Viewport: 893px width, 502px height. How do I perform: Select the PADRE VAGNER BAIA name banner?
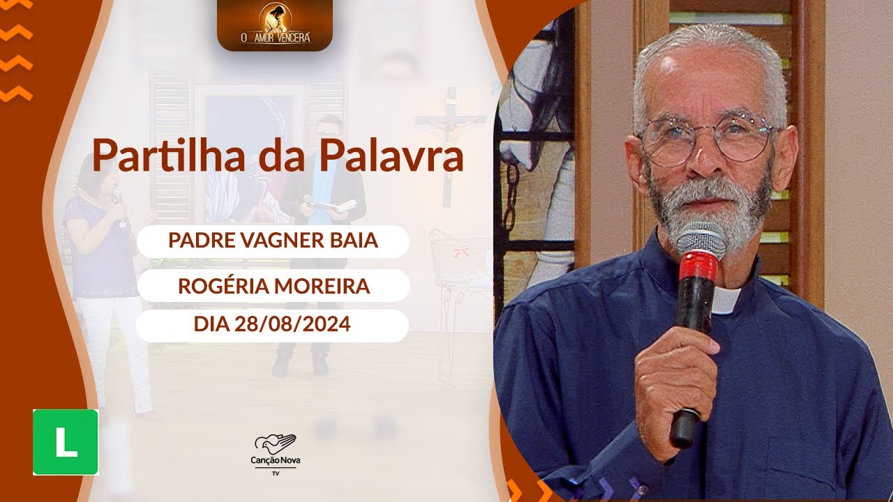pyautogui.click(x=273, y=241)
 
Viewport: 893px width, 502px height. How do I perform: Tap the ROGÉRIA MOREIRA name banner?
pyautogui.click(x=273, y=285)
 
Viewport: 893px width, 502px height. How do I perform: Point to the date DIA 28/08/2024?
pyautogui.click(x=273, y=326)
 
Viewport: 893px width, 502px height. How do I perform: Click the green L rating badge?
pyautogui.click(x=66, y=442)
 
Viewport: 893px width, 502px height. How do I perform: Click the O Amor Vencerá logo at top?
pyautogui.click(x=274, y=24)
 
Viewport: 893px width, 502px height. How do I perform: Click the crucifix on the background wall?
pyautogui.click(x=450, y=139)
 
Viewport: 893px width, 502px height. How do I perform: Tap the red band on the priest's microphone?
pyautogui.click(x=698, y=268)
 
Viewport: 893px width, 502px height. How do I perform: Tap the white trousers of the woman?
pyautogui.click(x=115, y=349)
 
